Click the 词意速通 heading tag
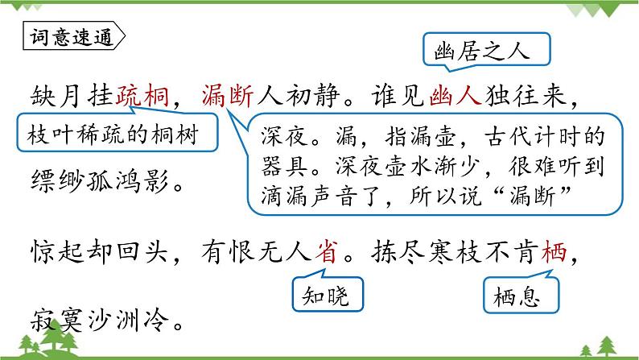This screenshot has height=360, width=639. click(x=72, y=37)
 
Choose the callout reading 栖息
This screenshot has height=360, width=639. click(x=517, y=296)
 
